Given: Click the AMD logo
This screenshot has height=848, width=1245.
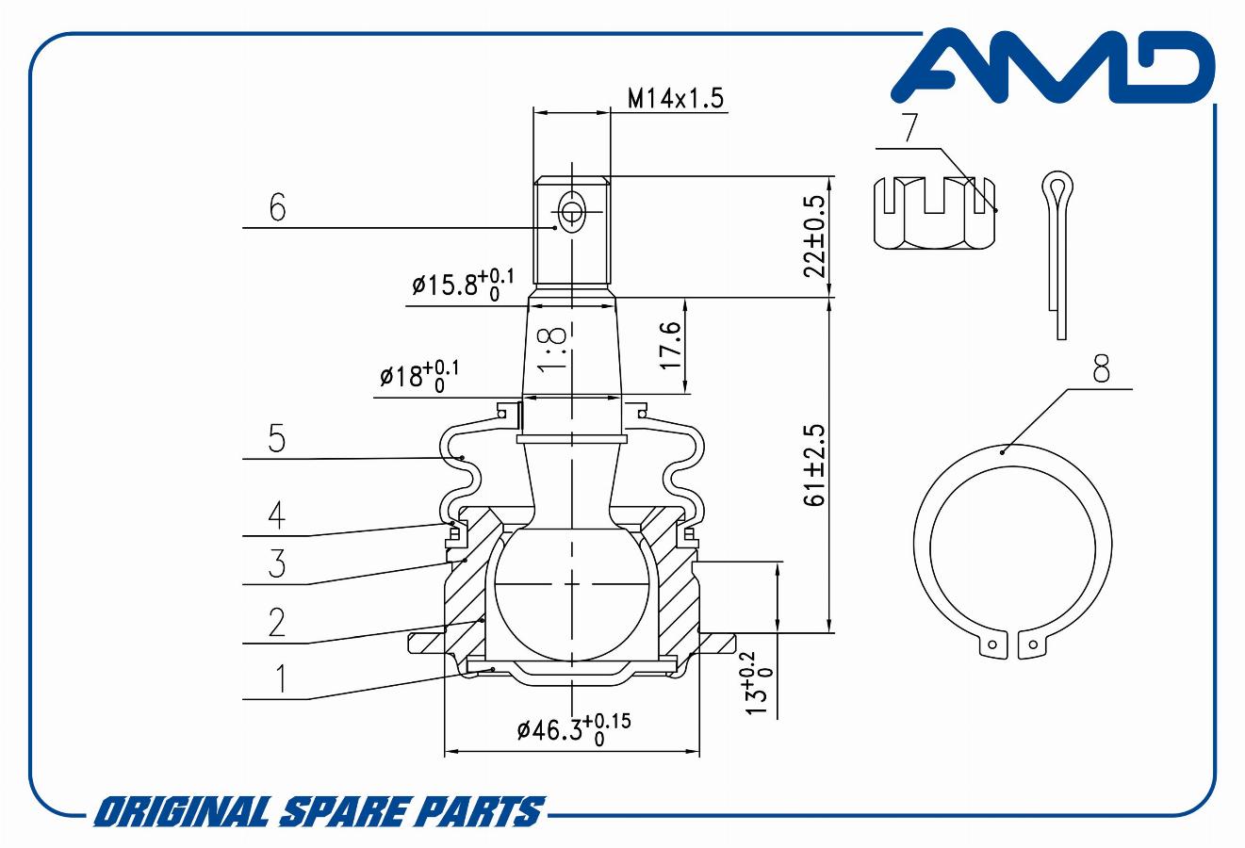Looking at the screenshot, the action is (x=1054, y=67).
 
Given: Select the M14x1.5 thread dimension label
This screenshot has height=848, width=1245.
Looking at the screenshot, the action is (x=676, y=98).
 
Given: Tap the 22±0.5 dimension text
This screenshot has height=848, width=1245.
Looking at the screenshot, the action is (x=816, y=236).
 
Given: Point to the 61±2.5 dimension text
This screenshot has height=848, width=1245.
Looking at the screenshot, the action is (x=815, y=465).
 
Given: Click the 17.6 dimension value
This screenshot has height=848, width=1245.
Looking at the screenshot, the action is (x=671, y=346).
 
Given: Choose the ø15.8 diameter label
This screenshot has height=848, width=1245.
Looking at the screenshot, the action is (x=463, y=285).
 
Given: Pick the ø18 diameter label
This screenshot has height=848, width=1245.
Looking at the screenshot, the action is (x=419, y=376).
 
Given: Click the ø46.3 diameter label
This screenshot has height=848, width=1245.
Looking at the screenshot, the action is (x=574, y=729).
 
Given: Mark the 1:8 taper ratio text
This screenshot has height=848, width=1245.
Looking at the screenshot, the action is (x=553, y=350).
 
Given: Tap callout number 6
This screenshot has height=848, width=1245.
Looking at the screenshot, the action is (x=277, y=207).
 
